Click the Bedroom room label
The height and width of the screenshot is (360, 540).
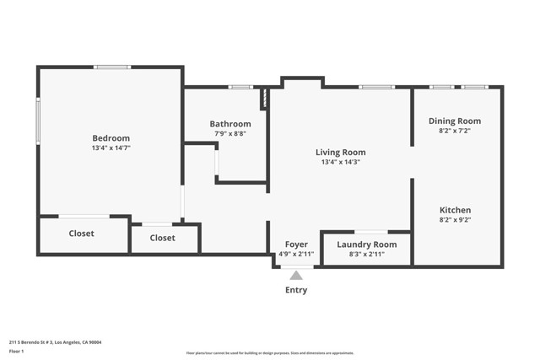point(111,138)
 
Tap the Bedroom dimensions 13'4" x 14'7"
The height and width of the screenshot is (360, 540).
point(111,148)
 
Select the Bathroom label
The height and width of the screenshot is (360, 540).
point(230,124)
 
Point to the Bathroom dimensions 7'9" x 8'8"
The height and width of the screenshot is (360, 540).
point(230,133)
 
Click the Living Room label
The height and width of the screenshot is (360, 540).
point(340,153)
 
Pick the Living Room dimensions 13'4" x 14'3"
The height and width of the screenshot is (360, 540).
point(340,162)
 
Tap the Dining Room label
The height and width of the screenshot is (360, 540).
point(454,121)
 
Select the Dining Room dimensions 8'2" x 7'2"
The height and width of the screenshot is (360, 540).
point(454,131)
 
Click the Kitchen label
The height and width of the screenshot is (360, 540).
point(455,210)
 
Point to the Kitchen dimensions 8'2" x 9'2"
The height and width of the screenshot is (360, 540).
point(455,220)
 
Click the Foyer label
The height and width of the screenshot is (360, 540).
point(295,244)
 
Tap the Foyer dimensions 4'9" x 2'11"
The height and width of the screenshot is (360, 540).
point(295,254)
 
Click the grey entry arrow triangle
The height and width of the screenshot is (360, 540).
point(296,275)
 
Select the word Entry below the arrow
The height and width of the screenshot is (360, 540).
point(296,290)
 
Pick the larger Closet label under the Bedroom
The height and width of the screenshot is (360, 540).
point(82,234)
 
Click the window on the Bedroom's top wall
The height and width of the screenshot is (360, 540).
point(111,67)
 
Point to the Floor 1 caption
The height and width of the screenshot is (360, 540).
point(17,351)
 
